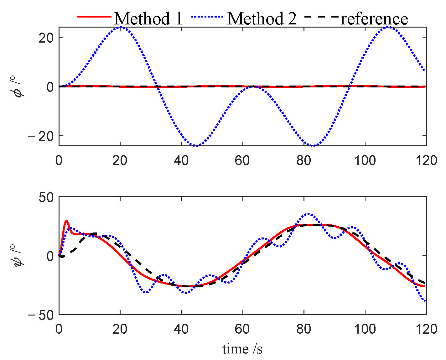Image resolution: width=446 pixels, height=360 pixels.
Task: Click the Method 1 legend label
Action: coord(148,18)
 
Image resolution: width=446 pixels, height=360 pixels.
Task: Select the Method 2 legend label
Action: coord(262,18)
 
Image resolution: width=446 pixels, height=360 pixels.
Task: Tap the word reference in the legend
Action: coord(374,18)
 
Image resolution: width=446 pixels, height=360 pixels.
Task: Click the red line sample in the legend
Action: coord(95,17)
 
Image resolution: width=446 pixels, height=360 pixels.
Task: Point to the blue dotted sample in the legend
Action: coord(207,17)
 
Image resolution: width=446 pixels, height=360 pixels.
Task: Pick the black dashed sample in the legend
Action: coord(321,17)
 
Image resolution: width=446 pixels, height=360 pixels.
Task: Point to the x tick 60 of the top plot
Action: coord(242,161)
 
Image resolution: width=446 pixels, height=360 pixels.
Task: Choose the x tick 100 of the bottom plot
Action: coord(365,329)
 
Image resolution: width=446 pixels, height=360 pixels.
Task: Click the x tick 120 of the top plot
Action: coord(426,161)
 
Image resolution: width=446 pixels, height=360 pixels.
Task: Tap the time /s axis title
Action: coord(242,348)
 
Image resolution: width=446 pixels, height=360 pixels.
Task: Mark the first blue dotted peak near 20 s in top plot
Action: coord(120,27)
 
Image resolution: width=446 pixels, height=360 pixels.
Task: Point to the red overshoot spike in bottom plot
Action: coord(66,221)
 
